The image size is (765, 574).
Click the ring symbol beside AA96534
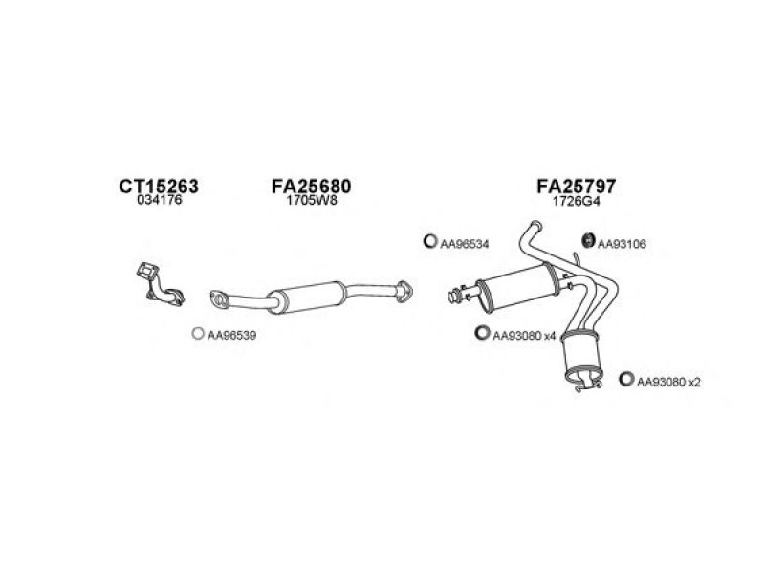[429, 242]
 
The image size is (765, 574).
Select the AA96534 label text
[465, 244]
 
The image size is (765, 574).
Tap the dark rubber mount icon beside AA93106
[587, 242]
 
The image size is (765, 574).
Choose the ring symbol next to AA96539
[196, 334]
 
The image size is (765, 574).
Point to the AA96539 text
[231, 335]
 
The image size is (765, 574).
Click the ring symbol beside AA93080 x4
[481, 333]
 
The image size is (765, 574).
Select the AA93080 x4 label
[523, 335]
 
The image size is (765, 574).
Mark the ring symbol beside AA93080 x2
[626, 380]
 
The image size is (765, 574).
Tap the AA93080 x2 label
[669, 382]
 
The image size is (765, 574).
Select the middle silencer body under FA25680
[304, 296]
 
